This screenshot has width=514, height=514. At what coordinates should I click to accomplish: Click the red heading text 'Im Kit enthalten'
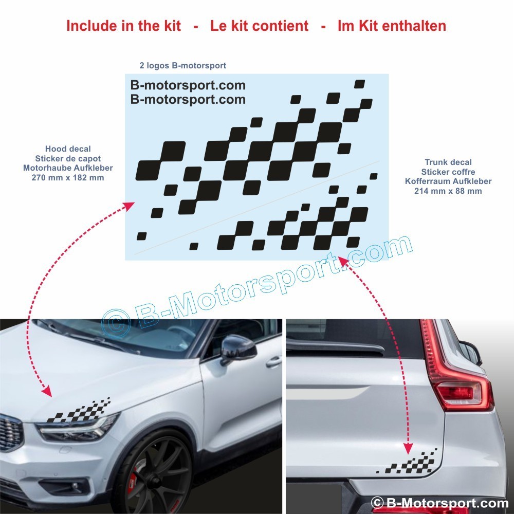point(392,26)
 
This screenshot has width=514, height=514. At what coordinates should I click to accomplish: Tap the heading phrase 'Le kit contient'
point(259,26)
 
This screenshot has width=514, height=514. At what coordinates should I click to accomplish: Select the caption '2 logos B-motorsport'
point(182,66)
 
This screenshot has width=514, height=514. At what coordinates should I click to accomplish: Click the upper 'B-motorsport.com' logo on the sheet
point(188,85)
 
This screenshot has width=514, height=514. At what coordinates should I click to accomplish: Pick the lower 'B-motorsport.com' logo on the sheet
point(188,99)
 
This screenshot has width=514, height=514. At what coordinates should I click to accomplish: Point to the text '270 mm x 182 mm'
point(68,178)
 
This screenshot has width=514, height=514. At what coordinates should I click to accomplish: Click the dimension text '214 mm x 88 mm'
point(448,191)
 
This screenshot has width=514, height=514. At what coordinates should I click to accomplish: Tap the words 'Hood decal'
point(68,149)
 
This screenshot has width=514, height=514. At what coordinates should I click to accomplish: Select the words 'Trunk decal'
point(448,162)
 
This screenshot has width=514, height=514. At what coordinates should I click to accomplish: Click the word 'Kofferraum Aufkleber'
point(448,181)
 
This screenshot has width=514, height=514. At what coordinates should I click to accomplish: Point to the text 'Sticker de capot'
point(68,158)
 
